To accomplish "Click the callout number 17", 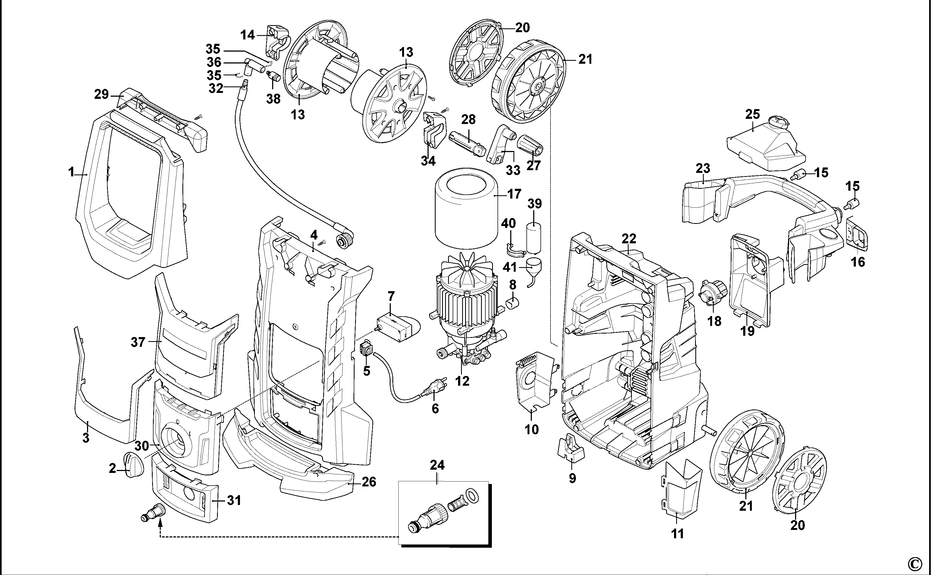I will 514,194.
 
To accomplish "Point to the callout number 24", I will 437,465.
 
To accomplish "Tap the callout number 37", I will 138,342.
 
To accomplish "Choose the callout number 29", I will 102,94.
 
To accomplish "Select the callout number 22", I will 629,239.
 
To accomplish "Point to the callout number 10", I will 532,430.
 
